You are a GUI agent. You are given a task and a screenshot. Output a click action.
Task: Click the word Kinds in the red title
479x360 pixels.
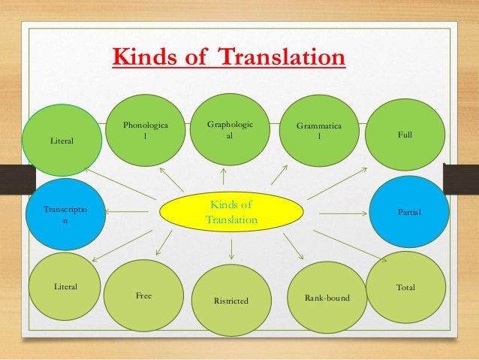(141, 58)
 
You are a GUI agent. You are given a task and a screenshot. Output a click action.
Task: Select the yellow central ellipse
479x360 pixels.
(232, 212)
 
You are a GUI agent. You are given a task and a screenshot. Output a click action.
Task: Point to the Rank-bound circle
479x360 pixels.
(325, 299)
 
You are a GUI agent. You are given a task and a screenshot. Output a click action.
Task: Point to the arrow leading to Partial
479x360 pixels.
(343, 213)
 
